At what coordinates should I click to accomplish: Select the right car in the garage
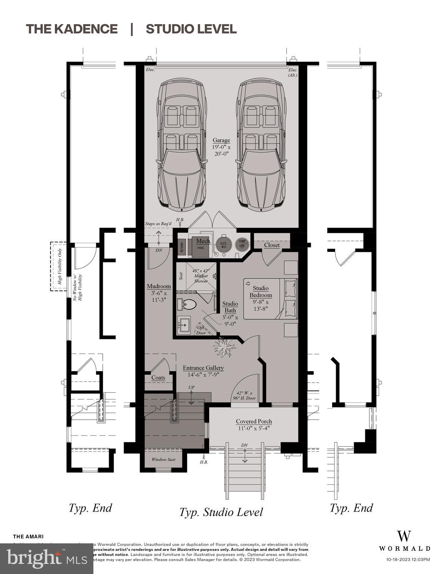coord(261,143)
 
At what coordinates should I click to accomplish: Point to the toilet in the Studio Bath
coord(189,305)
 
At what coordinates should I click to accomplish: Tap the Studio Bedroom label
coord(261,291)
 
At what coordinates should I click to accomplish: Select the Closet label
coord(272,245)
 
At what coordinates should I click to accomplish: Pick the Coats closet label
coord(158,377)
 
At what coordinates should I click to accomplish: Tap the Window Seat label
coord(163,459)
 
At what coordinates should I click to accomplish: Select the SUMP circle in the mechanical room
coord(242,244)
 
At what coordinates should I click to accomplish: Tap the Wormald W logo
coord(404,536)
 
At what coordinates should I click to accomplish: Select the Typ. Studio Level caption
coord(221,512)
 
